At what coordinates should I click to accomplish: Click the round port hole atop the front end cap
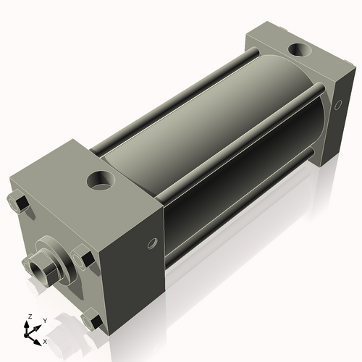coord(101,180)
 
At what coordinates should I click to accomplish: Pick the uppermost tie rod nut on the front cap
coord(20,203)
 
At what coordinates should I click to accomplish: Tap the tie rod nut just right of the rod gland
coord(82,258)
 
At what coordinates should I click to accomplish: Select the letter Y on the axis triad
coord(45,320)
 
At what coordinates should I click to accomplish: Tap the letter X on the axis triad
coord(46,340)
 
